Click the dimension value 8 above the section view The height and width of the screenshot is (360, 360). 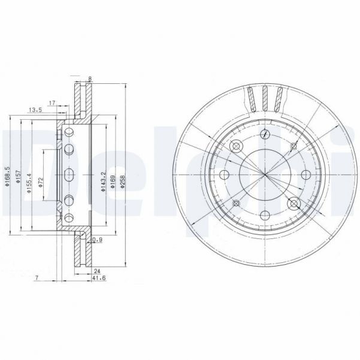[89, 78]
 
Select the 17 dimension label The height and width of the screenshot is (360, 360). [53, 103]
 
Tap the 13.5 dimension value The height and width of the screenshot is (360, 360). [35, 110]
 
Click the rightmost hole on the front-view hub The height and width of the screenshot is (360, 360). [305, 174]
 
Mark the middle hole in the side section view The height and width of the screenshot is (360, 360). [68, 174]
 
